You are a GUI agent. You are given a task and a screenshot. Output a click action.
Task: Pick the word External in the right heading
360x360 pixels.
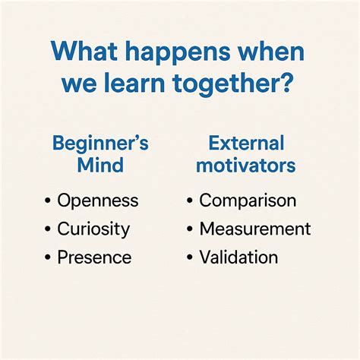coord(246,144)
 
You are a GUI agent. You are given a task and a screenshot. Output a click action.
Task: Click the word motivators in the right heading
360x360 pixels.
coord(246,165)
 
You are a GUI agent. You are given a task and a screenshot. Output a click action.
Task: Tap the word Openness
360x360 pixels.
coord(98,201)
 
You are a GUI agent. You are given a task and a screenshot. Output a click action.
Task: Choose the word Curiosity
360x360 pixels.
coord(93,229)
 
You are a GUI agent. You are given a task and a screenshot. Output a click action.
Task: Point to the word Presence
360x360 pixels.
coord(94,257)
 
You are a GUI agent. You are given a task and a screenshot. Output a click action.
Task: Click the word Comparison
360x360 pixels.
coord(248,201)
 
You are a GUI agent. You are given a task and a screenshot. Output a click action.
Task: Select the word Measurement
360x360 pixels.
coord(255,229)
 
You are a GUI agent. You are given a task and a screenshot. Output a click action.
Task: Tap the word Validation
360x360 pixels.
coord(238,257)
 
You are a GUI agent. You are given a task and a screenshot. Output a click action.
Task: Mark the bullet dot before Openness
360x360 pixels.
coord(47,201)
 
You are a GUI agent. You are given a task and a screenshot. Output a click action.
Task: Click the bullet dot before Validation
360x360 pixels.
coord(189,257)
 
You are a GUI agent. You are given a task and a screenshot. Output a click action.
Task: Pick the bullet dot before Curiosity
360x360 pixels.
coord(47,229)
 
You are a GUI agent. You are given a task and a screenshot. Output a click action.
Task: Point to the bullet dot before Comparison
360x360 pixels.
coord(189,201)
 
